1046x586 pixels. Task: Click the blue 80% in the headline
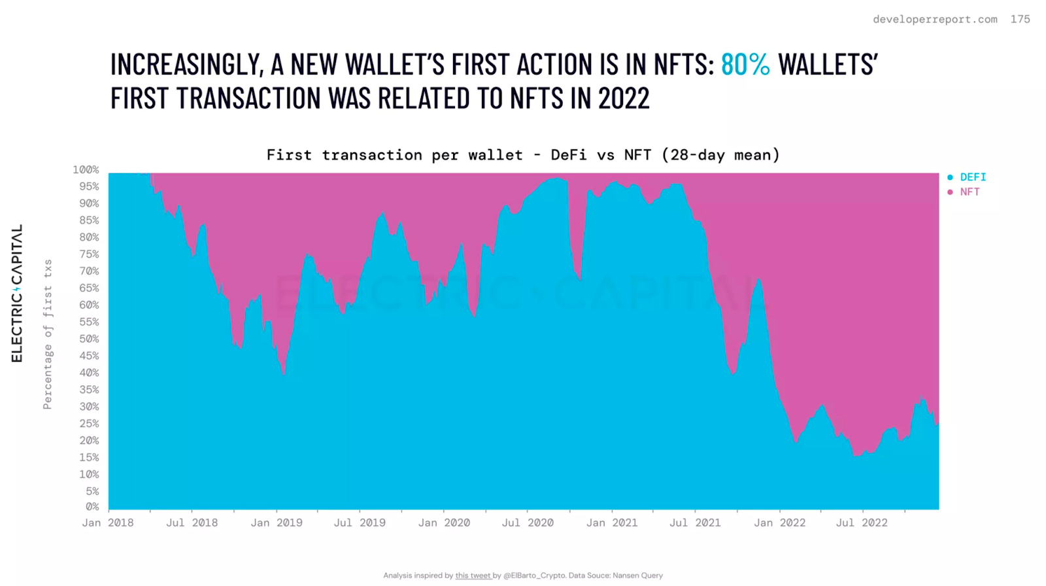[x=745, y=65]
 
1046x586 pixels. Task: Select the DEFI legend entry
[x=967, y=177]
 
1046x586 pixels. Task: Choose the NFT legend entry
[x=964, y=192]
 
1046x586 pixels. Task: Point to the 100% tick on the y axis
[x=86, y=169]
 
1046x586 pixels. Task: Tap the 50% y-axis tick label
[x=89, y=339]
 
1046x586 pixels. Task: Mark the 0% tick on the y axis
[x=92, y=507]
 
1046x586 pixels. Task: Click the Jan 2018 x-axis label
[x=108, y=523]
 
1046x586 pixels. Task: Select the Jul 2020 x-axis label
[x=528, y=523]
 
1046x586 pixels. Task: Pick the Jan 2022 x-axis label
[x=780, y=523]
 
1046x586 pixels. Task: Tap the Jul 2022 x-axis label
[x=862, y=523]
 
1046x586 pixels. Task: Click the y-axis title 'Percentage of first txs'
[x=48, y=335]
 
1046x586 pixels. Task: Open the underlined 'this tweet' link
[x=473, y=576]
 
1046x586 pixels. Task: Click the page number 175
[x=1021, y=19]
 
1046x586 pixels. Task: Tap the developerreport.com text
[x=936, y=19]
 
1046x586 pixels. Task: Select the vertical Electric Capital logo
[x=17, y=293]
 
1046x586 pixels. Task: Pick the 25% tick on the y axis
[x=89, y=424]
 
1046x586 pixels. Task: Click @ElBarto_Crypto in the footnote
[x=534, y=576]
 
